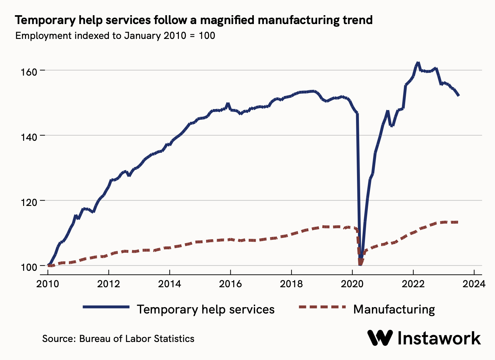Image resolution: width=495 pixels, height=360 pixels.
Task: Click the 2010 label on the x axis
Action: coord(48,284)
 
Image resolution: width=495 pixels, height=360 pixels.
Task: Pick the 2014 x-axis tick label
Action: coord(170,284)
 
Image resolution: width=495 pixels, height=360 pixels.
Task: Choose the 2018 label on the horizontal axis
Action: coord(291,284)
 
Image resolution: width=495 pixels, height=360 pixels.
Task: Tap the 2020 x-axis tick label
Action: coord(352,284)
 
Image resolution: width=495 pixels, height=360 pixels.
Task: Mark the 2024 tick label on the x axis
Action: coord(474,284)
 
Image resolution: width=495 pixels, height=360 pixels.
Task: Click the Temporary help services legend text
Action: coord(206,309)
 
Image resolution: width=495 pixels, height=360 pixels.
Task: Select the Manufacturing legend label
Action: coord(394,309)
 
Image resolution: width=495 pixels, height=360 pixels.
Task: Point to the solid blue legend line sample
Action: coord(106,307)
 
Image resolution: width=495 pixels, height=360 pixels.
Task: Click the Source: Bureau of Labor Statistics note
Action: coord(118,338)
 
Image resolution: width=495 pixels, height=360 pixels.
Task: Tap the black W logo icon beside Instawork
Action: coord(380,338)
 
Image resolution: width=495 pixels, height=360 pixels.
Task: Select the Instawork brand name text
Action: coord(439,338)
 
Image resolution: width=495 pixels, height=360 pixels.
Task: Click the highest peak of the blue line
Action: coord(418,63)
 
